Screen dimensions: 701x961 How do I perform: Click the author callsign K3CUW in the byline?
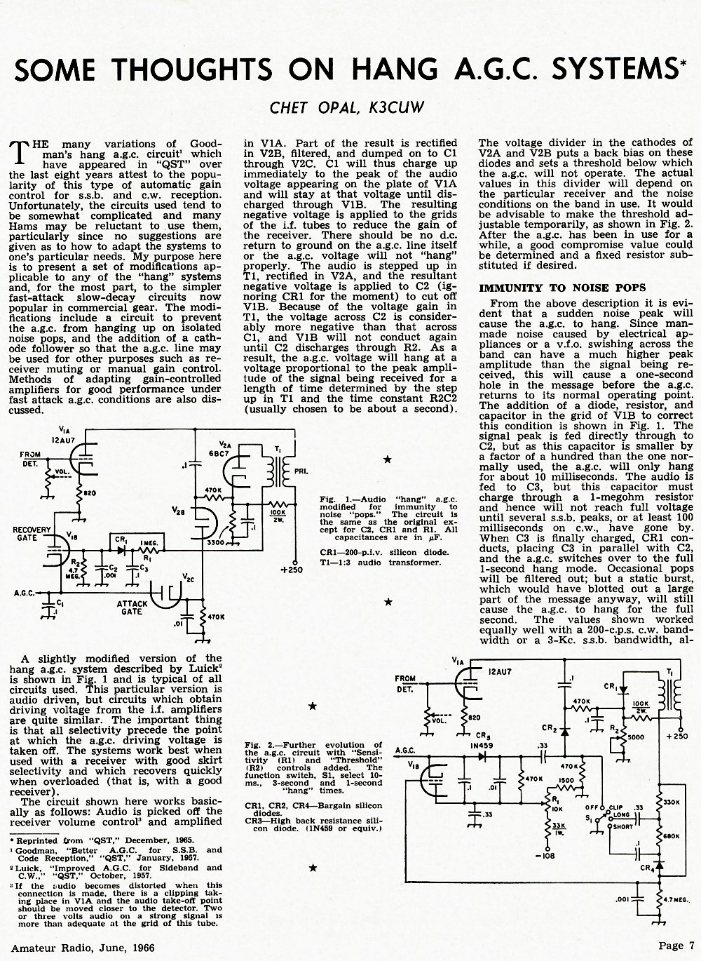pyautogui.click(x=396, y=107)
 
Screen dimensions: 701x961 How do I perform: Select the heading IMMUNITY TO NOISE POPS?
pyautogui.click(x=562, y=288)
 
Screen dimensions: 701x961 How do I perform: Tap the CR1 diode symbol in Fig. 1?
pyautogui.click(x=122, y=550)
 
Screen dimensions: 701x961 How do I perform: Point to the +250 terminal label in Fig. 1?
pyautogui.click(x=292, y=570)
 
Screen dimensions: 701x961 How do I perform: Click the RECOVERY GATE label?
pyautogui.click(x=32, y=534)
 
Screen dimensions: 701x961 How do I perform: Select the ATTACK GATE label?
pyautogui.click(x=132, y=607)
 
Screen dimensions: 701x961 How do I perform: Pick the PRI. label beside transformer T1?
pyautogui.click(x=301, y=471)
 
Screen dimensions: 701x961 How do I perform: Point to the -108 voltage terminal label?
pyautogui.click(x=546, y=855)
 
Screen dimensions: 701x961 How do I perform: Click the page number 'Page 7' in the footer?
pyautogui.click(x=676, y=946)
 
